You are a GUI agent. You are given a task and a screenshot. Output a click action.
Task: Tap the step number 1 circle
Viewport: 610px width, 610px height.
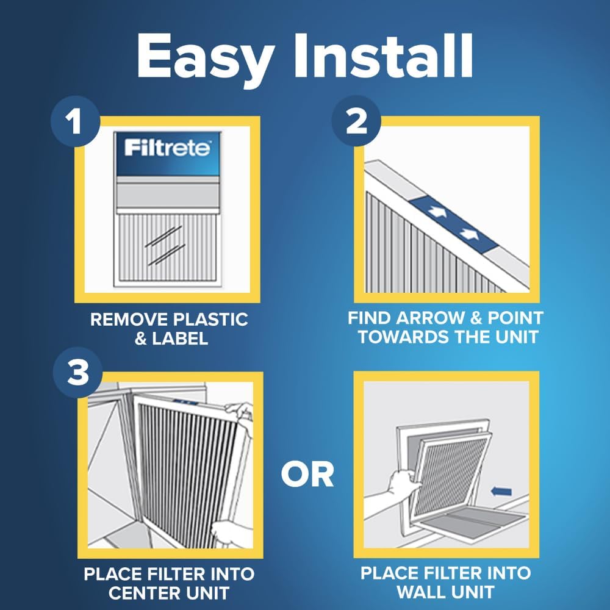[x=75, y=124]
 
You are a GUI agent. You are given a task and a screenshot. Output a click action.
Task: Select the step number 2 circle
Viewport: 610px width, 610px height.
[x=356, y=124]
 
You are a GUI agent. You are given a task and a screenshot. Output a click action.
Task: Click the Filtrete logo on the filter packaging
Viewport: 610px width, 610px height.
[x=168, y=148]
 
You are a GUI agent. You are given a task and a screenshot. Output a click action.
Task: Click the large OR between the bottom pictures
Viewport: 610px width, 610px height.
[x=307, y=475]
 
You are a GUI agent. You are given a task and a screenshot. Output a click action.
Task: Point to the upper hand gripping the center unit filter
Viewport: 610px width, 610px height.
[x=240, y=410]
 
